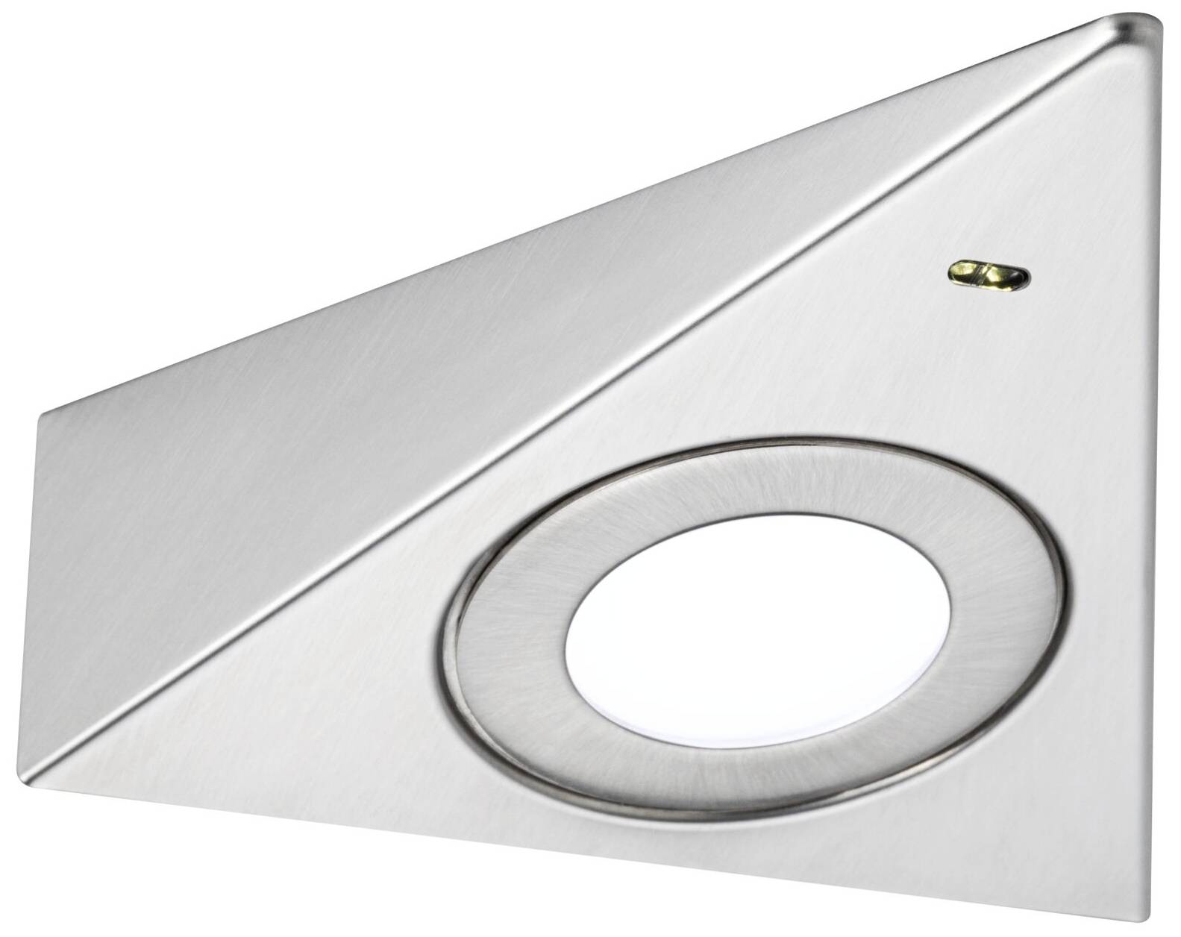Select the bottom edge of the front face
point(597,850)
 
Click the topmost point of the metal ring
point(754,442)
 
